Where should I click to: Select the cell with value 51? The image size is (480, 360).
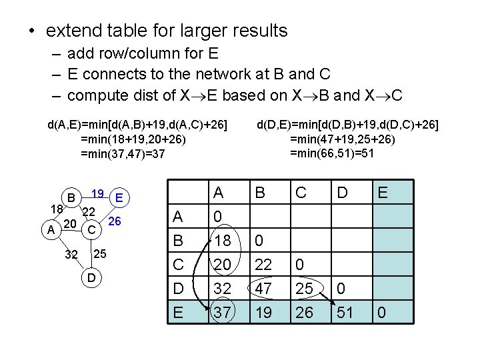click(344, 311)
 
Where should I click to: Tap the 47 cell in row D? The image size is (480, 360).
click(263, 288)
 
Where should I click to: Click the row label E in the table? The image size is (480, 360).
click(179, 311)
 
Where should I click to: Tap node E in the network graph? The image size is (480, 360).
click(119, 197)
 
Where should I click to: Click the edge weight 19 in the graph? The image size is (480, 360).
click(97, 194)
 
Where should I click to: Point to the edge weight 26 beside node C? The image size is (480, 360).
click(114, 221)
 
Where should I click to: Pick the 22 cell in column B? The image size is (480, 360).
click(263, 265)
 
